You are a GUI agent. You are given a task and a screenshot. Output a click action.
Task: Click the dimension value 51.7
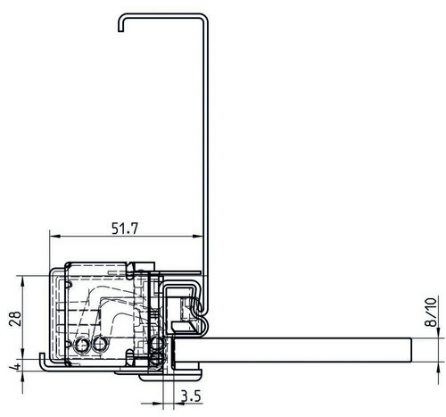125,229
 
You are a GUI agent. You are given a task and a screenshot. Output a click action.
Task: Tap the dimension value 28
15,319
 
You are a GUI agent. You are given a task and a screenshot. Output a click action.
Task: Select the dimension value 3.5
191,396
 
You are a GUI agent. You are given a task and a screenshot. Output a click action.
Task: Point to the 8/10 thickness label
431,312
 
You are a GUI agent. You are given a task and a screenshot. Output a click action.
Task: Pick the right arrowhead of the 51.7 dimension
198,236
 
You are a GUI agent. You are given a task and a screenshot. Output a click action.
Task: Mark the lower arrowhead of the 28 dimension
22,354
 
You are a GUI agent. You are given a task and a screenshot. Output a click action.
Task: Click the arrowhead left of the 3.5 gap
158,404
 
